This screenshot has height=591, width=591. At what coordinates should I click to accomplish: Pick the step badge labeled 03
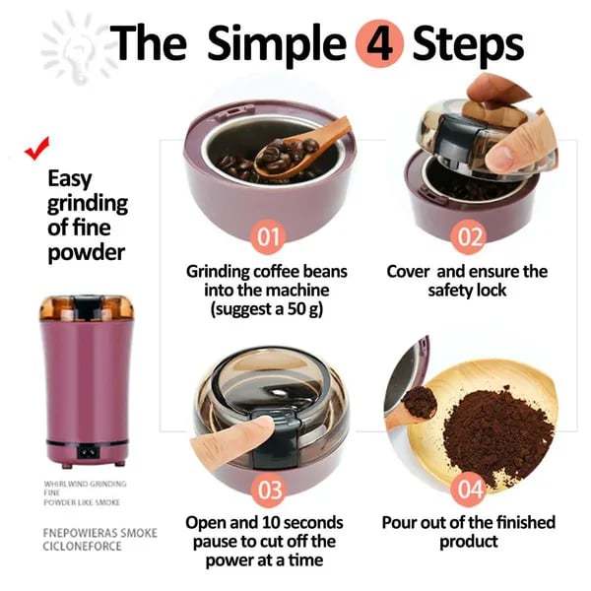[270, 490]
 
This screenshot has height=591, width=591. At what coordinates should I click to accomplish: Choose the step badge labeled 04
[471, 490]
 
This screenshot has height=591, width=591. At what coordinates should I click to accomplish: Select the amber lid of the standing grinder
[86, 307]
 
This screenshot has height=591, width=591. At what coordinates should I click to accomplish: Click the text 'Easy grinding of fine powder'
[88, 216]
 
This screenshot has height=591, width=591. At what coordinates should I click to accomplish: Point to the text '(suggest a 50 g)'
[271, 309]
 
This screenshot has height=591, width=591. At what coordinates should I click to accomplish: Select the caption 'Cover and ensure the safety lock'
[467, 281]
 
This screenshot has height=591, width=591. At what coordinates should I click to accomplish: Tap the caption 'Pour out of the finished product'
[469, 532]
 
